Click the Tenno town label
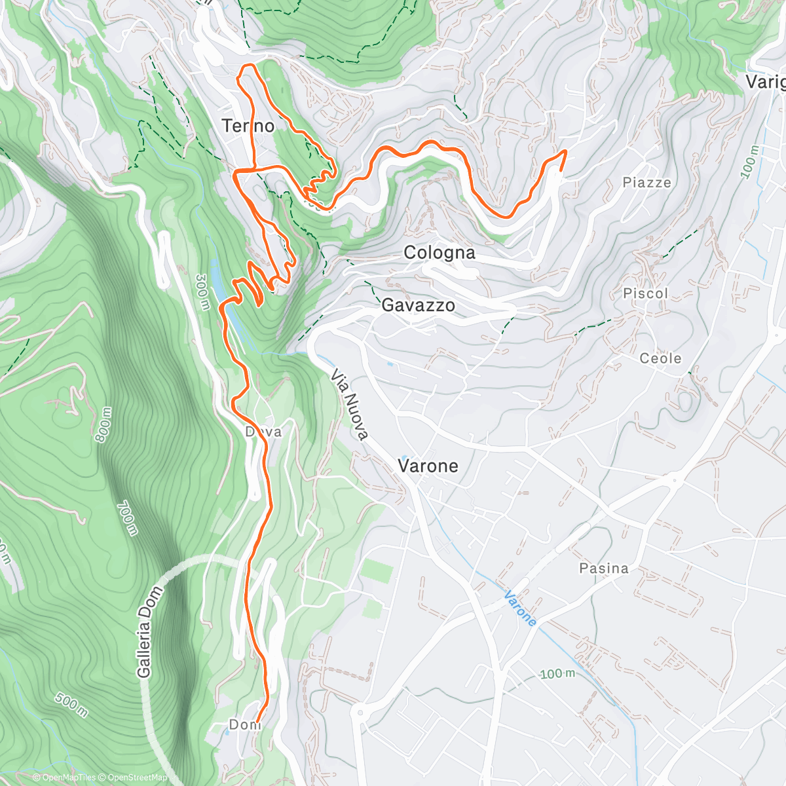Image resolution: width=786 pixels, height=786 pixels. [248, 126]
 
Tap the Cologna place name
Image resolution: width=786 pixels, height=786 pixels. [439, 253]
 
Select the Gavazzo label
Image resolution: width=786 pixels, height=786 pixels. [418, 305]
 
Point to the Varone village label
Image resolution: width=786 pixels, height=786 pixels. [428, 466]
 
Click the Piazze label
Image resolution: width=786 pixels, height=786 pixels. [646, 183]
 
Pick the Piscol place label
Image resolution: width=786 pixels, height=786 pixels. [645, 293]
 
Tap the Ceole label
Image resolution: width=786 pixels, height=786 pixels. [660, 358]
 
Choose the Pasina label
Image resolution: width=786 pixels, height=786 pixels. [603, 569]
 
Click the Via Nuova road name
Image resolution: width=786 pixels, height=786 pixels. [350, 404]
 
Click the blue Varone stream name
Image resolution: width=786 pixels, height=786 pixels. [520, 608]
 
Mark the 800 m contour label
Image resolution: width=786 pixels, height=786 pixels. [104, 424]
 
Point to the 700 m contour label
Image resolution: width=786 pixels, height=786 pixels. [126, 518]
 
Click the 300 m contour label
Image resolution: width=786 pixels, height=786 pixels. [202, 292]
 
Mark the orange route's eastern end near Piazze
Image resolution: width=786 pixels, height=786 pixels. [565, 152]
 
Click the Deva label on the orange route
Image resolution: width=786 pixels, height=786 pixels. [263, 432]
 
